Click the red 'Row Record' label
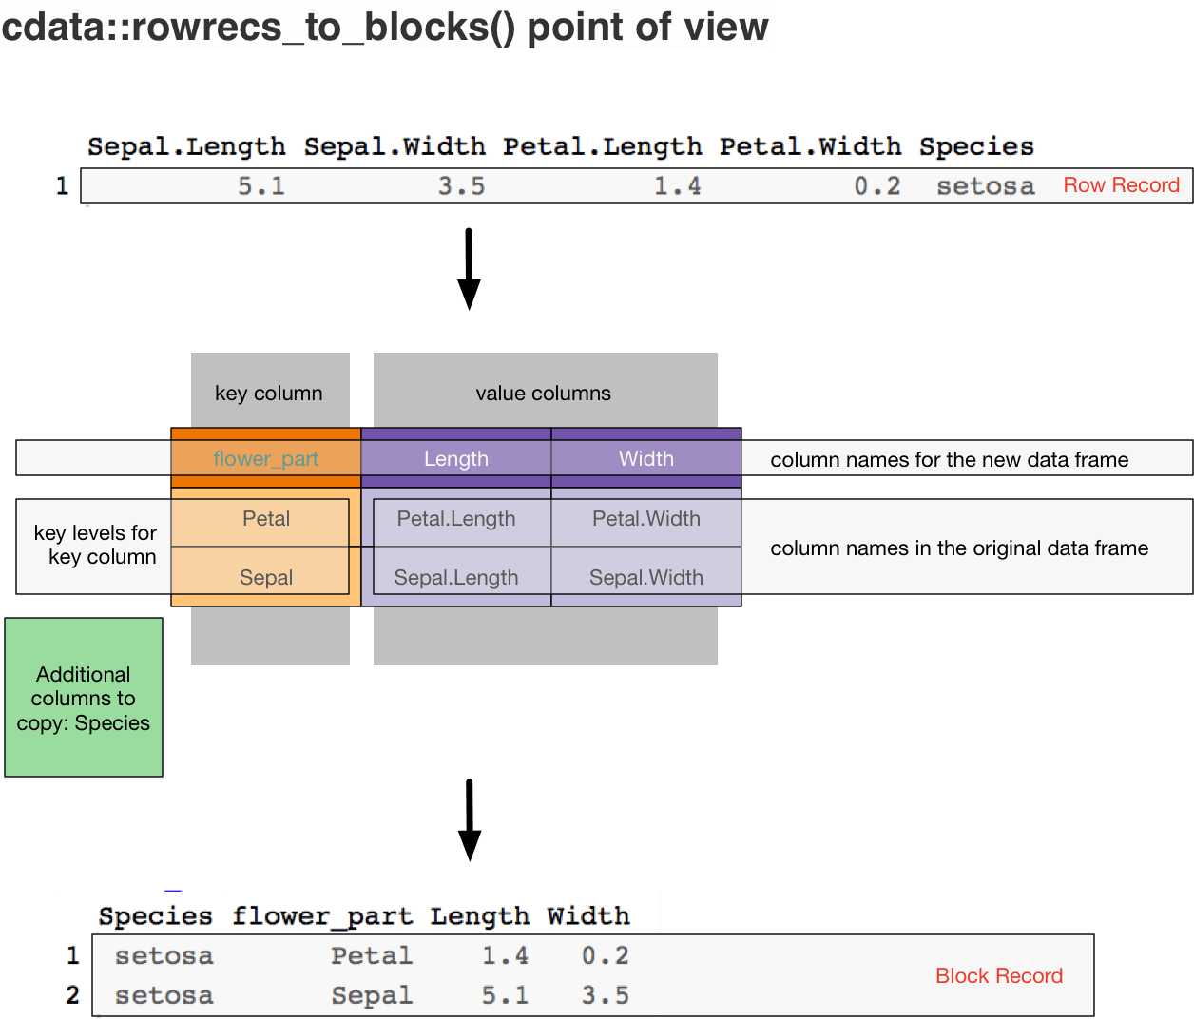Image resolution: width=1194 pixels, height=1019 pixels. [1121, 184]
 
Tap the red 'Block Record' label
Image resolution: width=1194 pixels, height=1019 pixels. [999, 975]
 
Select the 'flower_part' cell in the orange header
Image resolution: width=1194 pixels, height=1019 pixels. [266, 458]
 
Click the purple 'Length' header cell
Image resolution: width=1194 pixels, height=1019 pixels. [456, 458]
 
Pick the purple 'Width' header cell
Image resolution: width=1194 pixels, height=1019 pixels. [646, 458]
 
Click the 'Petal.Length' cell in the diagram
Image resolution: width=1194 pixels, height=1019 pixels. [456, 519]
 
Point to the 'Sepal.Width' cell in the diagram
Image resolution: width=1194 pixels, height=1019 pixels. [646, 577]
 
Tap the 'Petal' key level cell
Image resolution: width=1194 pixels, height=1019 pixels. [266, 519]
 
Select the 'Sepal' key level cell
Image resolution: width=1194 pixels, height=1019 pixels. [266, 577]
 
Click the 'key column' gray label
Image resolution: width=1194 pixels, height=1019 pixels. [269, 394]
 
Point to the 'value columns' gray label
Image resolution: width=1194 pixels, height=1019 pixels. [543, 394]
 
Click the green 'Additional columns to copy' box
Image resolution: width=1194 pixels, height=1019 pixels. [84, 698]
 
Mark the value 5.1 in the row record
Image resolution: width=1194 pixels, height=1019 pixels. [261, 186]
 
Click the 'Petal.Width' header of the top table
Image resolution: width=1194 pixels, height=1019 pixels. [810, 146]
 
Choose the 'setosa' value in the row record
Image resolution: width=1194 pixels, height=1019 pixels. [986, 186]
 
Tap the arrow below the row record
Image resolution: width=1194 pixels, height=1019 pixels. [469, 269]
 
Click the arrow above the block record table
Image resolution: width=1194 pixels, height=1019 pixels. [470, 820]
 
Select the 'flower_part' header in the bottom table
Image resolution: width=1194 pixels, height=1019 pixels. [322, 917]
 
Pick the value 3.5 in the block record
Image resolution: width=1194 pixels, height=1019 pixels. [605, 995]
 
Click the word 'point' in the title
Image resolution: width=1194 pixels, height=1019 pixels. [578, 28]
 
